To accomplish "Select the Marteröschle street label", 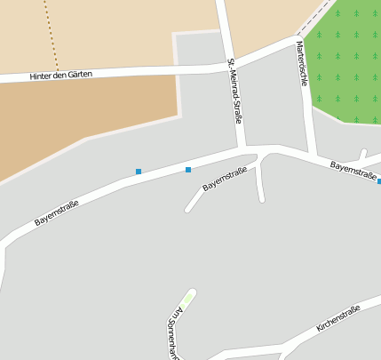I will (x=302, y=63).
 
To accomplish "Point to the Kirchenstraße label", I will (x=338, y=318).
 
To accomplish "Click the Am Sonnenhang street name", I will (x=173, y=334).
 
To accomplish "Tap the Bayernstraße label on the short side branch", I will (x=224, y=180).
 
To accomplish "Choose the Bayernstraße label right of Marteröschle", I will (x=353, y=170).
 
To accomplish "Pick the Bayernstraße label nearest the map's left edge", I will (x=57, y=212).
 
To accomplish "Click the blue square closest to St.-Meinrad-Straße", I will (x=188, y=169).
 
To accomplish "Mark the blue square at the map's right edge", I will (x=379, y=181).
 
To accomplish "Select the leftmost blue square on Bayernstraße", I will (x=139, y=171).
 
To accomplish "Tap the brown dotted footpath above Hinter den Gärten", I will (x=52, y=36).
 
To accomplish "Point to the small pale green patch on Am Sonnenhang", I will (x=187, y=298).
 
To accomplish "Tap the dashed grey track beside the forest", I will (x=315, y=20).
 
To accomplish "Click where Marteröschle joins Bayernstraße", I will (x=312, y=154).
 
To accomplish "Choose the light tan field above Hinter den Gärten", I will (x=124, y=31).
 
